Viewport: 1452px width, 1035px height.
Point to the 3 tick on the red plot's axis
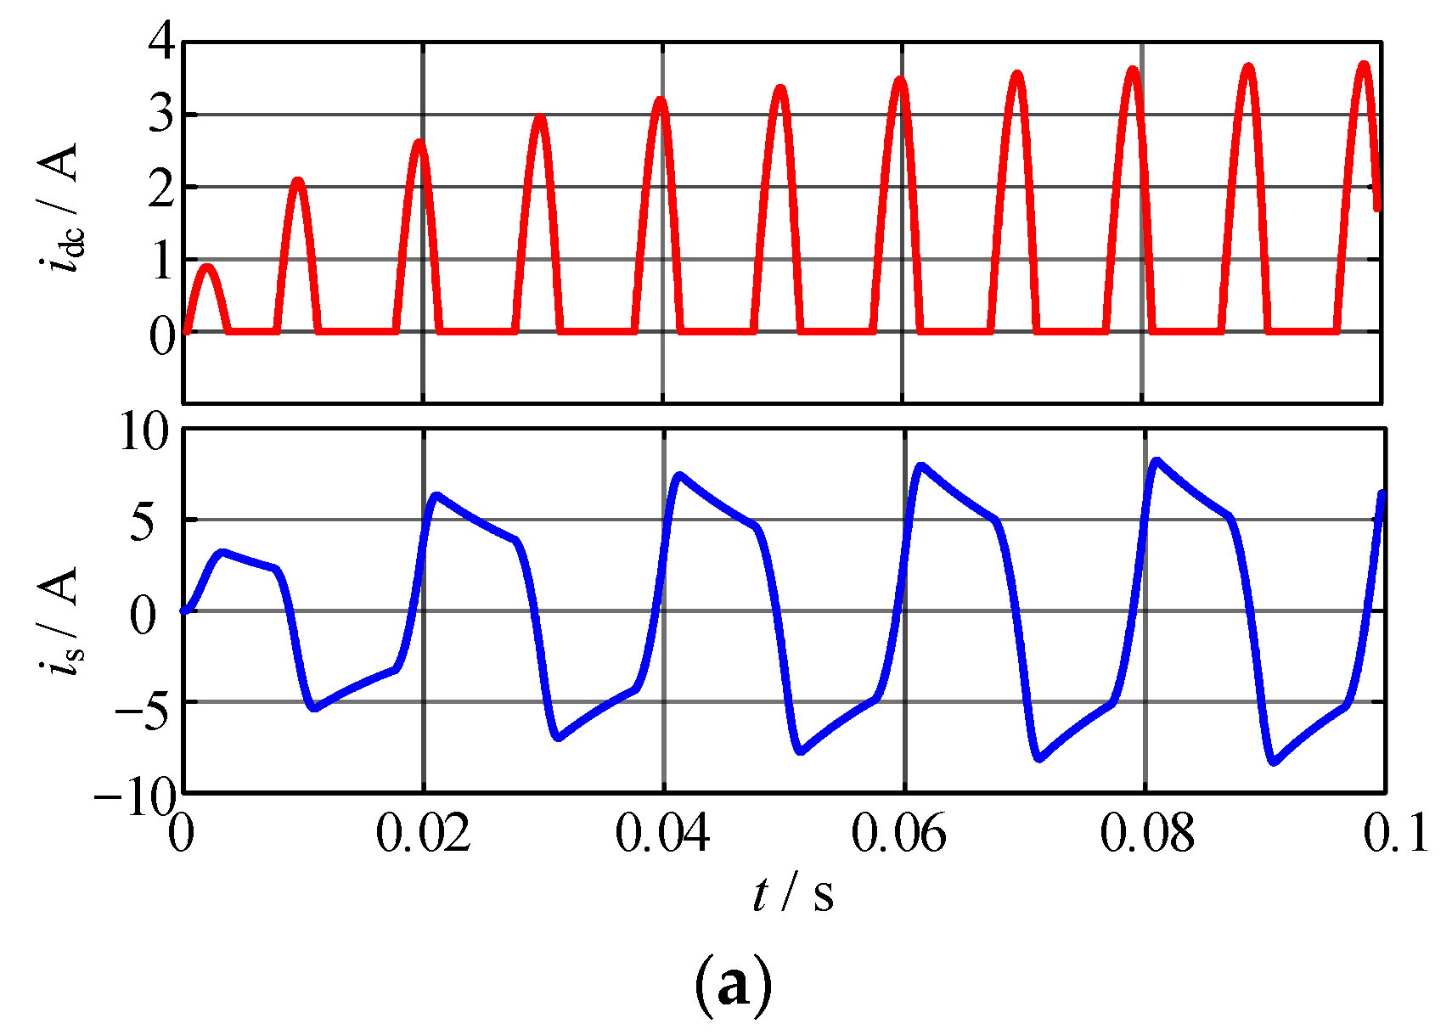161,115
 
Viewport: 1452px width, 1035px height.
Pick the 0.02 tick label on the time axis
423,834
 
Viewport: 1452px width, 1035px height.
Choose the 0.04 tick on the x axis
662,834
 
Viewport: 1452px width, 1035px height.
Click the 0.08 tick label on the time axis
1146,834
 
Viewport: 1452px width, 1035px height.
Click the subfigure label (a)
734,985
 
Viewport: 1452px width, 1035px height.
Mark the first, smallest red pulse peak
208,267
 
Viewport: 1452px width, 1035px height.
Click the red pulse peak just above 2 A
297,180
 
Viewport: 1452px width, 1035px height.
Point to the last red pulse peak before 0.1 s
1364,65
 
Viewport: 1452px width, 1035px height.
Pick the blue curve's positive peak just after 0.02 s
436,495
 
